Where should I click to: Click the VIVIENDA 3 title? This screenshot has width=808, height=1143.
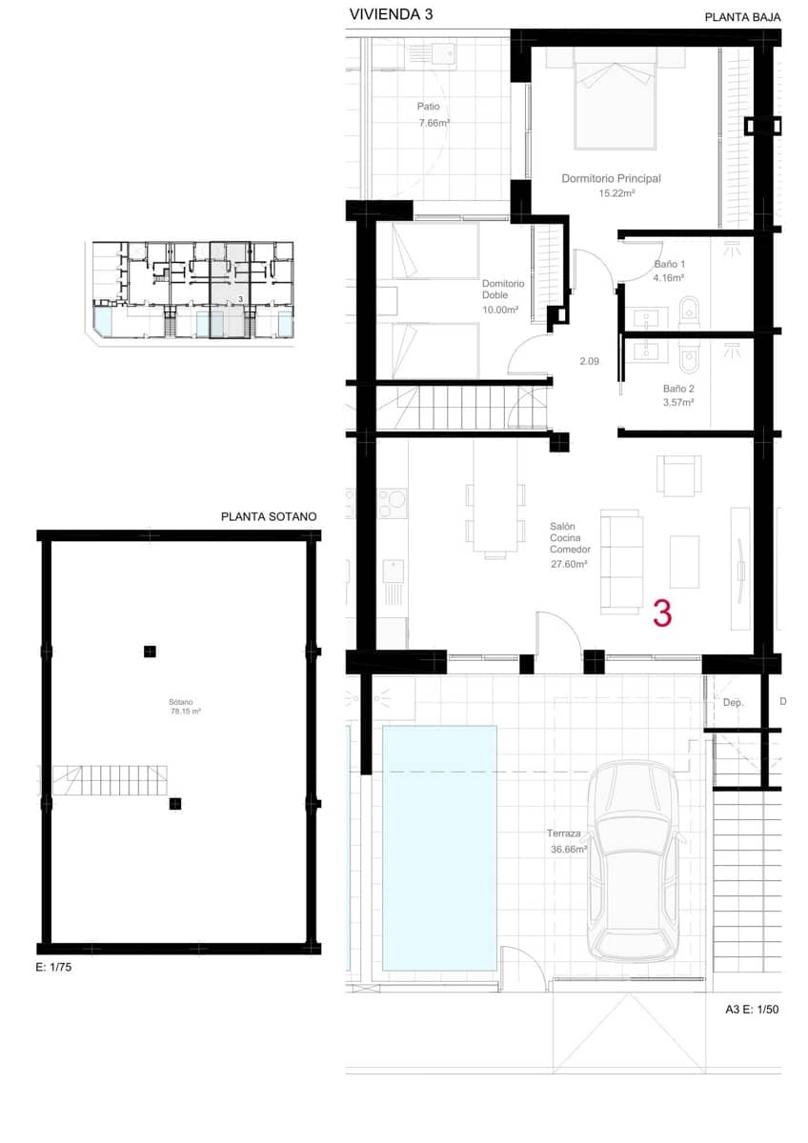click(384, 14)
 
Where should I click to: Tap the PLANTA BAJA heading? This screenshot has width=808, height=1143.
click(742, 17)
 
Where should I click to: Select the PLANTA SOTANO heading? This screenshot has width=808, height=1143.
click(268, 517)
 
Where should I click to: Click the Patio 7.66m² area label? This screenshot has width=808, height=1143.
click(434, 114)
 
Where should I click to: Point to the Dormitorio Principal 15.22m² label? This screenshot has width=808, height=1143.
click(611, 185)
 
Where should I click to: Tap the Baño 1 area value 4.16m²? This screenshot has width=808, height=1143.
click(669, 278)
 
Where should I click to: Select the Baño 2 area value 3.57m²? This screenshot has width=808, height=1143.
click(678, 403)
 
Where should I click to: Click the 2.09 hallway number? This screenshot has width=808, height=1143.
click(590, 361)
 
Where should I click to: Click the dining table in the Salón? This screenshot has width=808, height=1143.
click(495, 518)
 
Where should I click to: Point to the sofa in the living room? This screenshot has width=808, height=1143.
click(621, 561)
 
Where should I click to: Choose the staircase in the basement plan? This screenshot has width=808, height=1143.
click(110, 782)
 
